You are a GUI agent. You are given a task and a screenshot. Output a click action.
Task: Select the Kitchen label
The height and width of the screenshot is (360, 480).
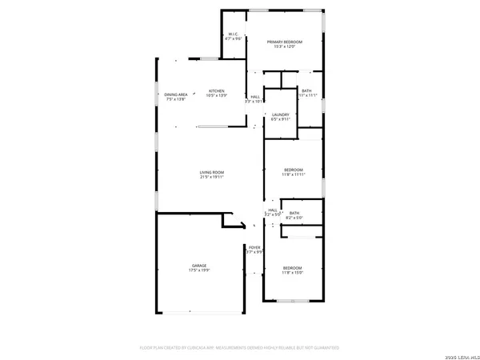pos(216,91)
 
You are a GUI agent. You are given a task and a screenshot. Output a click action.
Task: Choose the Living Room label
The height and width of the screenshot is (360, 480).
pos(212,173)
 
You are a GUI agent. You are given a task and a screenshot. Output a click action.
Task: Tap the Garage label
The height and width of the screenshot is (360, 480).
pos(198,266)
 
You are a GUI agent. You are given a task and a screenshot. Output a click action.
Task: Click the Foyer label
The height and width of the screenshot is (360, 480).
pos(254,248)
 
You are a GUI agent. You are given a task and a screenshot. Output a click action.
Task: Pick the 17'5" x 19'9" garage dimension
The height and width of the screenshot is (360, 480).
pos(198,270)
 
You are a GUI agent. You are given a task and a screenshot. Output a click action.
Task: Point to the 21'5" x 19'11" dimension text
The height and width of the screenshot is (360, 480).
pos(212,178)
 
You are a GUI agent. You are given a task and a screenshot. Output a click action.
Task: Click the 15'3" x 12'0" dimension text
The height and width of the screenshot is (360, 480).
pos(284,46)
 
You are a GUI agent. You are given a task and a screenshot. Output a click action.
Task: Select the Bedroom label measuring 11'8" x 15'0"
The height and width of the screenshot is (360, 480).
pos(293,268)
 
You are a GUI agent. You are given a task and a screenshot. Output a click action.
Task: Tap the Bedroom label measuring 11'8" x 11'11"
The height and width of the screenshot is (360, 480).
pos(294,170)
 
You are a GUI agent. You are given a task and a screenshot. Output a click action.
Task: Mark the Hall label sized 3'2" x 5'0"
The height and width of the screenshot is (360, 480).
pos(273,210)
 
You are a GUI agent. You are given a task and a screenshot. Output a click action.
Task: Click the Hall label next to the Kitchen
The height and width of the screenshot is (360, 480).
pos(255,98)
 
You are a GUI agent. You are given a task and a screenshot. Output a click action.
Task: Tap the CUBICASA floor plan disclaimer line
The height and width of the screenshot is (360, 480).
pos(239,348)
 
